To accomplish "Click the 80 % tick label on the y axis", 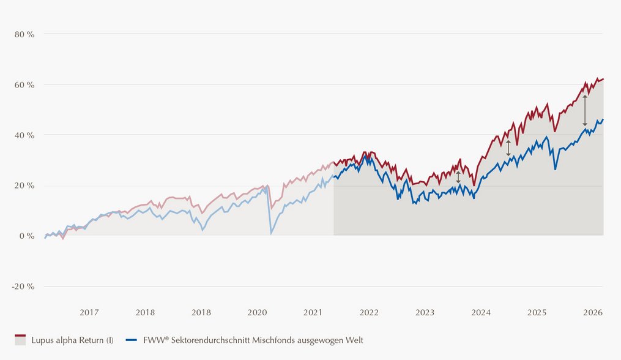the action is coord(24,34).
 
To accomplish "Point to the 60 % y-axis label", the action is coord(24,85).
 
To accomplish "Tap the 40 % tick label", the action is coord(24,135).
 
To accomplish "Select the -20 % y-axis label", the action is coord(23,287).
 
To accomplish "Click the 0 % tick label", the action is coord(27,236).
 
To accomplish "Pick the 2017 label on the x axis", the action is coord(89,312).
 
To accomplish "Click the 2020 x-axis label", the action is coord(258,312).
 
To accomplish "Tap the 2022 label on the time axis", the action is coord(369,312).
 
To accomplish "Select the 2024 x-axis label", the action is coord(481,312).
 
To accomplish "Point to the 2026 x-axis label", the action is coord(593,312).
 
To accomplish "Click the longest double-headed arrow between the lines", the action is coord(585,111).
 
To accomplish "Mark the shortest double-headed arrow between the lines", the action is coord(458,177).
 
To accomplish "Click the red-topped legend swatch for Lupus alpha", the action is coord(20,340).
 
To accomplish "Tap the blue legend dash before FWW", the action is coord(132,340).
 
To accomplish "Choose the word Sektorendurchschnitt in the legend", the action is coord(210,340).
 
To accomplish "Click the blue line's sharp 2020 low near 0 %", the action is coord(271,233).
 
